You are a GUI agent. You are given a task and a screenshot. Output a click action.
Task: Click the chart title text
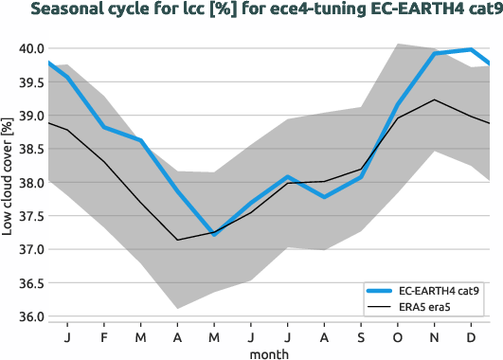(x=251, y=10)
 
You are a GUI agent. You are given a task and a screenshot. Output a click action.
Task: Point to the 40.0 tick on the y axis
(x=26, y=48)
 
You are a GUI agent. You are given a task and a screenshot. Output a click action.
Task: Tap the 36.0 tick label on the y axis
(x=26, y=316)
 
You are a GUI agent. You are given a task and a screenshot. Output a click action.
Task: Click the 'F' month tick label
(x=104, y=336)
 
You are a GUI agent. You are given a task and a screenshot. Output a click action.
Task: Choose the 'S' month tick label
(x=361, y=336)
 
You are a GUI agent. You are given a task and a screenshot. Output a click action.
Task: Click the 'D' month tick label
(x=471, y=336)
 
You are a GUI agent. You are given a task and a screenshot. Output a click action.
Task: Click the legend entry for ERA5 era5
(x=431, y=308)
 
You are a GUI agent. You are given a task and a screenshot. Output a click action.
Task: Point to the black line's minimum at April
(x=177, y=240)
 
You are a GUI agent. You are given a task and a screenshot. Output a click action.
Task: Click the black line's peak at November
(x=434, y=99)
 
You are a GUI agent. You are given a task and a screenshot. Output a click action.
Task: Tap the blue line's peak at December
(x=471, y=49)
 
